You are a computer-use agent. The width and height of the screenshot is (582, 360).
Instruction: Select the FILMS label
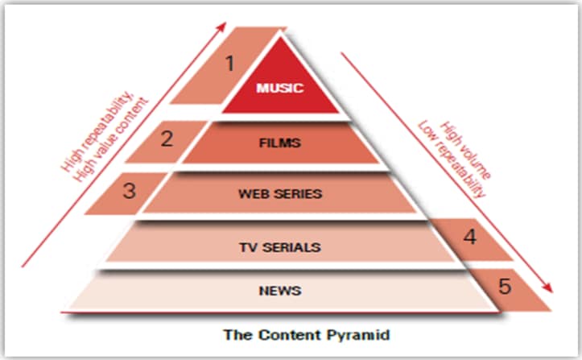tap(280, 144)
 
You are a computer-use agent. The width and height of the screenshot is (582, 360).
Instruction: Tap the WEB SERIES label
tap(280, 193)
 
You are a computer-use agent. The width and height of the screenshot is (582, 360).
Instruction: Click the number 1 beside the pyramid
tap(229, 63)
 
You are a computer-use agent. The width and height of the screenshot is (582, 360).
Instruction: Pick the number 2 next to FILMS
tap(167, 139)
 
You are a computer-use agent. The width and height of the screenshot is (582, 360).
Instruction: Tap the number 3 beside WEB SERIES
tap(130, 192)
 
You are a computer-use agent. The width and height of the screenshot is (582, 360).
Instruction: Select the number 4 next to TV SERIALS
tap(470, 238)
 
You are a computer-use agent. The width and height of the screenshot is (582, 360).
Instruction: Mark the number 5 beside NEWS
tap(504, 285)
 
